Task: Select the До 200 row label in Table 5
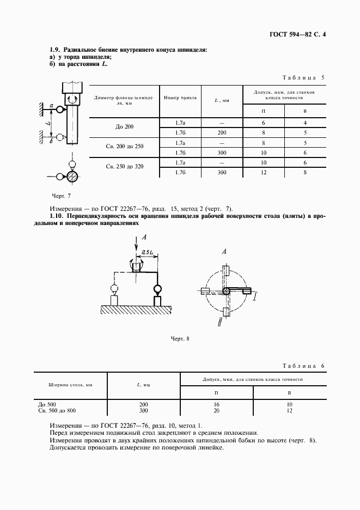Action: coord(125,127)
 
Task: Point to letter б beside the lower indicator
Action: coord(51,141)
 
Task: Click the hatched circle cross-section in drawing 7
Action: coord(72,176)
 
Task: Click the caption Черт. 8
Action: coord(180,339)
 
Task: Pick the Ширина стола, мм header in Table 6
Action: coord(70,385)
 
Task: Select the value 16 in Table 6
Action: coord(217,405)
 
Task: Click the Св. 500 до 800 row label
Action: coord(57,410)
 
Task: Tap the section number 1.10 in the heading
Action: coord(57,216)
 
